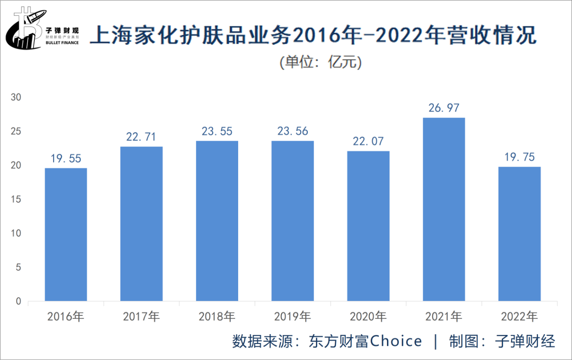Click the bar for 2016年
click(x=66, y=234)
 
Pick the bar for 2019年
click(x=293, y=221)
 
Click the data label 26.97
click(x=444, y=108)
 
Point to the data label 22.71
click(x=141, y=137)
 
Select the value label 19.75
click(x=519, y=157)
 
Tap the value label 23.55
click(x=217, y=131)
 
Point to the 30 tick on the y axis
click(x=16, y=97)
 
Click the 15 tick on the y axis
click(x=16, y=199)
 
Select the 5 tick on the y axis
click(x=18, y=268)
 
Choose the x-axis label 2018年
click(x=217, y=317)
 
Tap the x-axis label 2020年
click(x=368, y=317)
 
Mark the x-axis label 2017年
click(x=141, y=317)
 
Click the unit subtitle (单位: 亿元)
click(x=320, y=63)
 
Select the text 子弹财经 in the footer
click(x=525, y=342)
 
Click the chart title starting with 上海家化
click(x=313, y=35)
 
